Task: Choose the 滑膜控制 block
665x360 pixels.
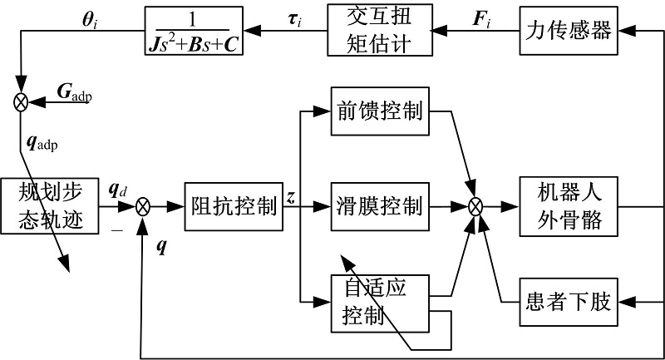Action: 378,205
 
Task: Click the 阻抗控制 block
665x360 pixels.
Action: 234,205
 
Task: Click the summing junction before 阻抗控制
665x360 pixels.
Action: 143,205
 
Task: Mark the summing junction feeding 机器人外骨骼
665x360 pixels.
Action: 476,205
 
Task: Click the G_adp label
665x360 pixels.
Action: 74,91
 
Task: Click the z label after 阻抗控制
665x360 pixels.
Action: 290,196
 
